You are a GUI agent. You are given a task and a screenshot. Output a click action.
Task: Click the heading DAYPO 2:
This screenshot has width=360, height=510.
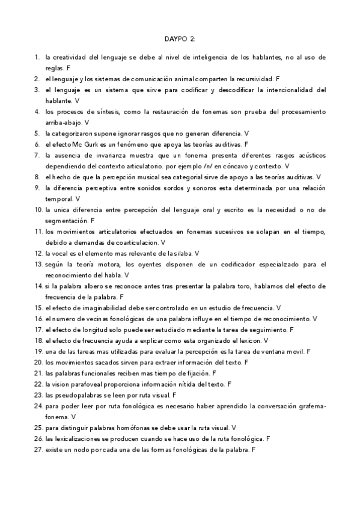coord(180,39)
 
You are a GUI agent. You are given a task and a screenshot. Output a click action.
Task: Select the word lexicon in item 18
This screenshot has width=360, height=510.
coord(245,340)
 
